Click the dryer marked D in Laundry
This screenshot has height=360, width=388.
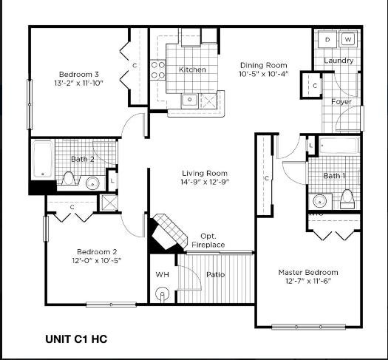pos(327,39)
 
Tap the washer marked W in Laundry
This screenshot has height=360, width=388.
pos(348,39)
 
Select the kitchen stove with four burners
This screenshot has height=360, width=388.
pos(158,69)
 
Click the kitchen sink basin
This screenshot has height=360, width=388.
pos(189,101)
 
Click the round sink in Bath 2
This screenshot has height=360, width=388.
pos(92,183)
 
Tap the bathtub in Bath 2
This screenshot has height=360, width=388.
pos(43,159)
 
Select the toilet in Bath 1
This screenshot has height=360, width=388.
pos(347,199)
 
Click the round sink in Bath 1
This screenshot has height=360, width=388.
pos(320,201)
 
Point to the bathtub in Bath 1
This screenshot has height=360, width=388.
pos(338,145)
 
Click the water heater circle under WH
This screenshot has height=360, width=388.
pos(162,294)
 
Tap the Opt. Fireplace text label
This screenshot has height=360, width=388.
pos(208,240)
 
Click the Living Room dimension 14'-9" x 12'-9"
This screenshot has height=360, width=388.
pos(205,182)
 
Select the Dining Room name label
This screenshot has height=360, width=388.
pos(264,65)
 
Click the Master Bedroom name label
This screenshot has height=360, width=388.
pos(308,273)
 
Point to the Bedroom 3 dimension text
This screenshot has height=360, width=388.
pos(78,83)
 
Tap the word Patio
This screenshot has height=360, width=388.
pos(215,275)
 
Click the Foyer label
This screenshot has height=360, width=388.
pos(341,102)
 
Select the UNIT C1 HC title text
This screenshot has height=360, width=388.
pos(76,339)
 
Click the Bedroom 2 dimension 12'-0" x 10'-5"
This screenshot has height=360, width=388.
pos(97,260)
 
